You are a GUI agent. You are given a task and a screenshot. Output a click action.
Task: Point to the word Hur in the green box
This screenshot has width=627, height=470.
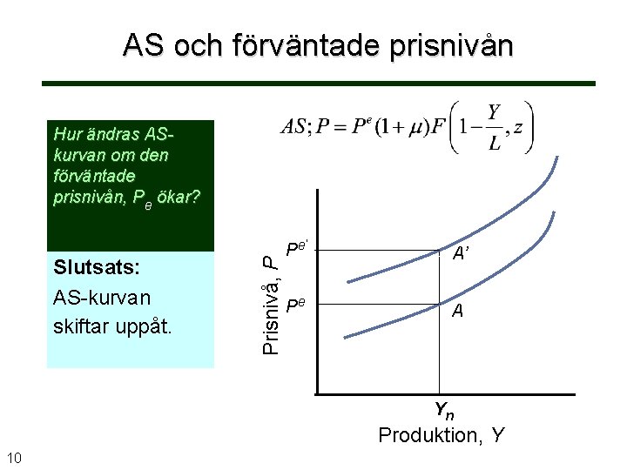pyautogui.click(x=67, y=134)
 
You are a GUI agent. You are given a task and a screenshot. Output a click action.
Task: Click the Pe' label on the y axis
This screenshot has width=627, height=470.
pyautogui.click(x=297, y=249)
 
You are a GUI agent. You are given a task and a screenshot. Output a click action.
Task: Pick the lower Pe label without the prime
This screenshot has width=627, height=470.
pyautogui.click(x=295, y=305)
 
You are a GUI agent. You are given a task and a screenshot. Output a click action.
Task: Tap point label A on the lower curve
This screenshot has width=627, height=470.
pyautogui.click(x=457, y=311)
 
